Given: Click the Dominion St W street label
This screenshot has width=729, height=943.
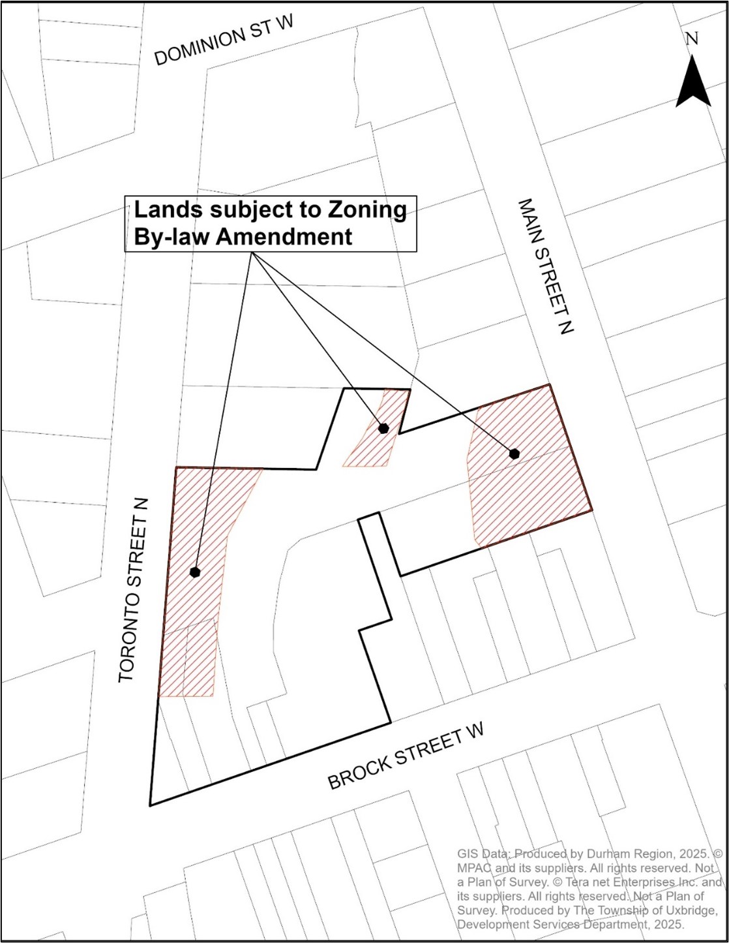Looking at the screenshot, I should tap(224, 40).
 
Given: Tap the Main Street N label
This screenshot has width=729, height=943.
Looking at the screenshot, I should tap(545, 266).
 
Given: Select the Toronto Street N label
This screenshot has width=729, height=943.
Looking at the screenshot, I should tap(135, 591).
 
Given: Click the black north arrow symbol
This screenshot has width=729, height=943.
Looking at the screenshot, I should tap(692, 82).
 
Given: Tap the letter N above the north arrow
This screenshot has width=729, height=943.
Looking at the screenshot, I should tap(692, 39).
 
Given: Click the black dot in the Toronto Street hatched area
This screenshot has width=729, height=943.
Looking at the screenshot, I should tap(195, 572).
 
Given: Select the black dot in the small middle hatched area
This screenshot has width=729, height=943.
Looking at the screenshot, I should tap(383, 428).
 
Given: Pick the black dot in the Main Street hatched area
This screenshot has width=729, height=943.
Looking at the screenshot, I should tap(514, 454).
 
